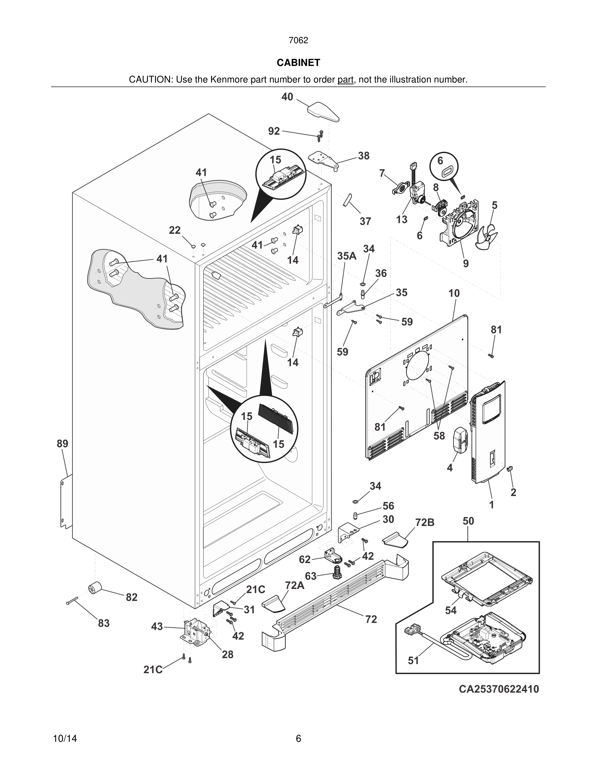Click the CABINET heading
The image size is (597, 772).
click(298, 63)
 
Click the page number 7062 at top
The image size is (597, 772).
click(298, 40)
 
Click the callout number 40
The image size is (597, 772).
click(287, 97)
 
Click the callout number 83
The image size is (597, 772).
click(104, 623)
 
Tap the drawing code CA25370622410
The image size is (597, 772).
click(499, 689)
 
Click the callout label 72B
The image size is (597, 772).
click(424, 522)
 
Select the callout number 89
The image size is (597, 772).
click(63, 443)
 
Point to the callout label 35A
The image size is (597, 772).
click(347, 256)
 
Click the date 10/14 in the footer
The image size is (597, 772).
click(65, 739)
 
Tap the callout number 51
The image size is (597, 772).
click(413, 660)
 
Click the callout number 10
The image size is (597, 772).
click(454, 293)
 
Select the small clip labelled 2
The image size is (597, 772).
click(510, 469)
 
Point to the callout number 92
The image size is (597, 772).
click(274, 131)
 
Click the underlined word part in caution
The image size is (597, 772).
click(345, 80)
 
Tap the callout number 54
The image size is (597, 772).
click(451, 610)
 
